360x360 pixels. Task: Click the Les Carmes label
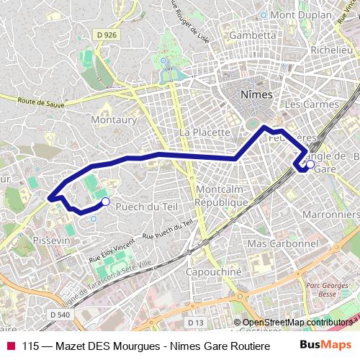coord(312,104)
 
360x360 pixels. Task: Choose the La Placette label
coord(205,132)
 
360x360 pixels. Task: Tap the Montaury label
coord(114,120)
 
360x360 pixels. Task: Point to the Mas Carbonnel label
coord(282,244)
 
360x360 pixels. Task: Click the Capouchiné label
coord(214,272)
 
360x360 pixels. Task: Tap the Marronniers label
coord(333,215)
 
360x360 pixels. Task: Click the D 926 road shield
coord(105,35)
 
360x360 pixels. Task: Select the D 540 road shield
coord(60,314)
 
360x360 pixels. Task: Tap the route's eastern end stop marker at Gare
coord(310,164)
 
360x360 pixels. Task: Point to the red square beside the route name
coord(10,346)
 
